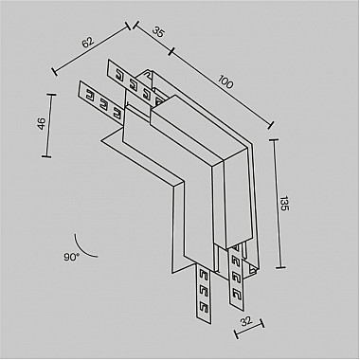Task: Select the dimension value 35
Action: point(157,32)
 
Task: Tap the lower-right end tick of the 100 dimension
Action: point(271,122)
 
